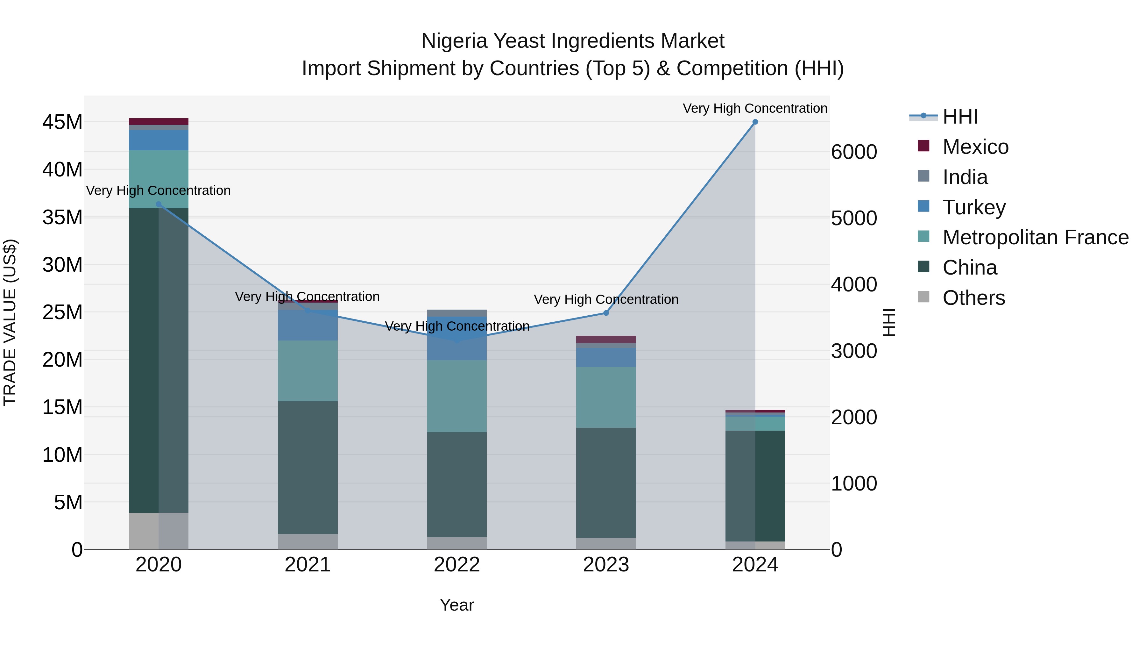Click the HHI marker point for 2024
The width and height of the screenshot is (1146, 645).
pyautogui.click(x=755, y=122)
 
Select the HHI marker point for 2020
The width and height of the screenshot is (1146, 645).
pyautogui.click(x=159, y=204)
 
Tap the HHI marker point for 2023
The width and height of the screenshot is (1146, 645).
pyautogui.click(x=606, y=313)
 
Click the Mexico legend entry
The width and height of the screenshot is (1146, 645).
pyautogui.click(x=975, y=147)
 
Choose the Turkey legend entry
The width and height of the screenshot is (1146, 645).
pyautogui.click(x=973, y=207)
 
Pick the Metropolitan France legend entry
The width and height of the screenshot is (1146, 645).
pyautogui.click(x=1035, y=237)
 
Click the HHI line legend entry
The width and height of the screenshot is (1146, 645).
pyautogui.click(x=959, y=117)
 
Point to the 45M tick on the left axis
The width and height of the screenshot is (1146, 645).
pyautogui.click(x=62, y=122)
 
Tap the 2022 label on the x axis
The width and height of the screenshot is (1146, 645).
pyautogui.click(x=457, y=565)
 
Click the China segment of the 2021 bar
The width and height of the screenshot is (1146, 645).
pyautogui.click(x=308, y=467)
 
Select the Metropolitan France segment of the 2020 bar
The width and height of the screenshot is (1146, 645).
pyautogui.click(x=159, y=179)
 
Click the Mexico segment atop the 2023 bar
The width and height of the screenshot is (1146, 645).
pyautogui.click(x=606, y=339)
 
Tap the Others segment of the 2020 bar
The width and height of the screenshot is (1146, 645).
pyautogui.click(x=159, y=531)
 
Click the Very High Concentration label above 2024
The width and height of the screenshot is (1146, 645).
pyautogui.click(x=755, y=108)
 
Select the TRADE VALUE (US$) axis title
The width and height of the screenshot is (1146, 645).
pyautogui.click(x=10, y=322)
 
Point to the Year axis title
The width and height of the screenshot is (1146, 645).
pyautogui.click(x=457, y=605)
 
